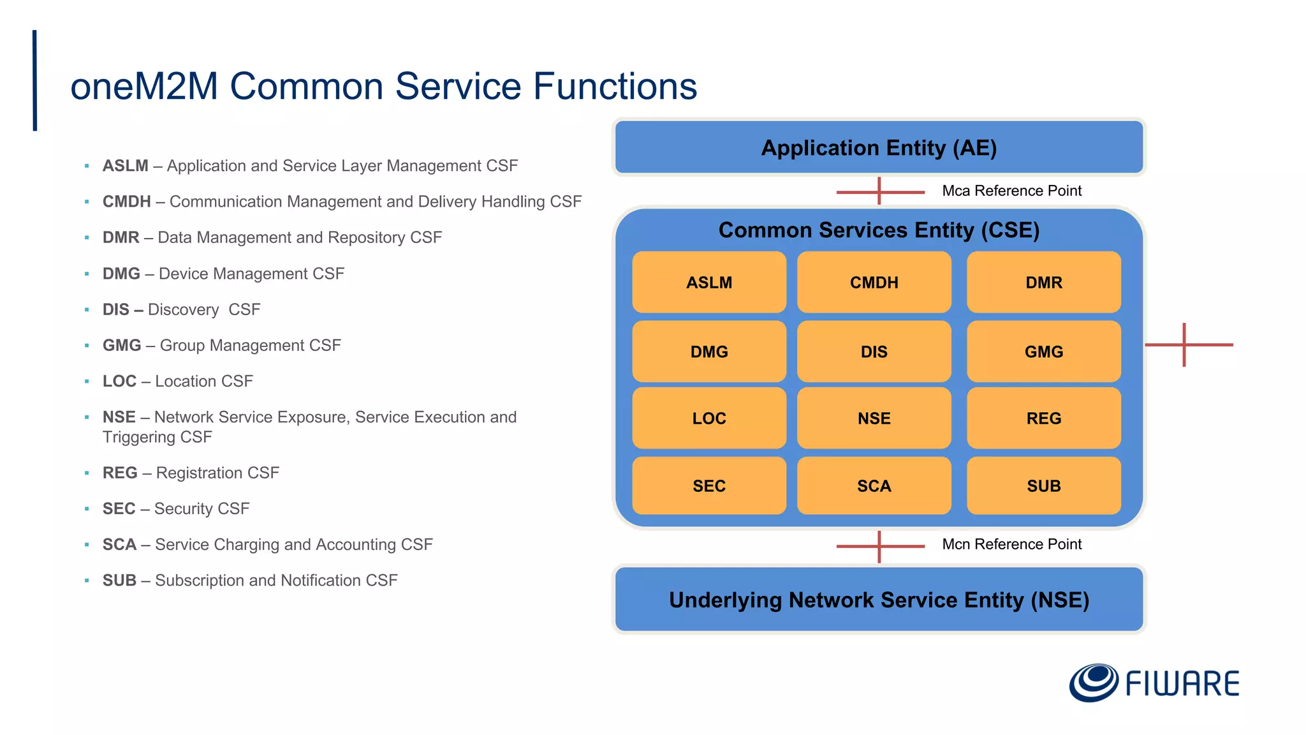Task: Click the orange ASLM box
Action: [708, 282]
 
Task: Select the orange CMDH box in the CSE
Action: [874, 282]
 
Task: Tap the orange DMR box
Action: [1043, 282]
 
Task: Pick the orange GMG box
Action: [1043, 352]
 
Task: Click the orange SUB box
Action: [1043, 486]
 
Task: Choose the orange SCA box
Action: [874, 486]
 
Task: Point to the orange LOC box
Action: [708, 418]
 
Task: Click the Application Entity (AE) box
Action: [878, 147]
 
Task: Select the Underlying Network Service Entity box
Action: [878, 600]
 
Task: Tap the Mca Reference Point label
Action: [1011, 191]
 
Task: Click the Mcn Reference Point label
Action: [1011, 544]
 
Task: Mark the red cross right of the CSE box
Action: [1184, 345]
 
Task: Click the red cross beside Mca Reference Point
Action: [879, 191]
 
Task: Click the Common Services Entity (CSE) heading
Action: [878, 230]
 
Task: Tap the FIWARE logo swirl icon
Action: [1093, 682]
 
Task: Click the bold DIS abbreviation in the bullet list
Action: [115, 309]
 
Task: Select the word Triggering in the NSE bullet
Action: [138, 437]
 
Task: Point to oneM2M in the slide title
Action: [144, 86]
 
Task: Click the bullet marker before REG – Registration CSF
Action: [87, 473]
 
